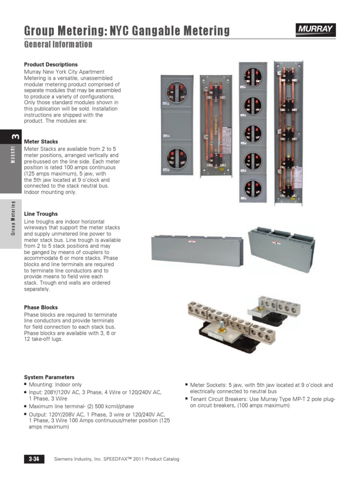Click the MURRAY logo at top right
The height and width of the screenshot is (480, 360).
pyautogui.click(x=315, y=30)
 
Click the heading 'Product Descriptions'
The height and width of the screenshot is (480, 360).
pyautogui.click(x=51, y=65)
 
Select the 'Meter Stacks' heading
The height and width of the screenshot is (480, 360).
pyautogui.click(x=41, y=142)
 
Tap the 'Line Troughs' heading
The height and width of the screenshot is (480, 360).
pyautogui.click(x=41, y=214)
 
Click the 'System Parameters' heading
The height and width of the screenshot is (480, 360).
pyautogui.click(x=49, y=377)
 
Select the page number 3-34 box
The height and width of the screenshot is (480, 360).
pyautogui.click(x=34, y=459)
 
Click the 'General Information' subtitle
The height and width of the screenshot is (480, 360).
pyautogui.click(x=58, y=45)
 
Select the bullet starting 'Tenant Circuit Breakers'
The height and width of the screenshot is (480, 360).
pyautogui.click(x=262, y=402)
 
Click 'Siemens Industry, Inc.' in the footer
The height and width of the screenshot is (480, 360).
pyautogui.click(x=77, y=459)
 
